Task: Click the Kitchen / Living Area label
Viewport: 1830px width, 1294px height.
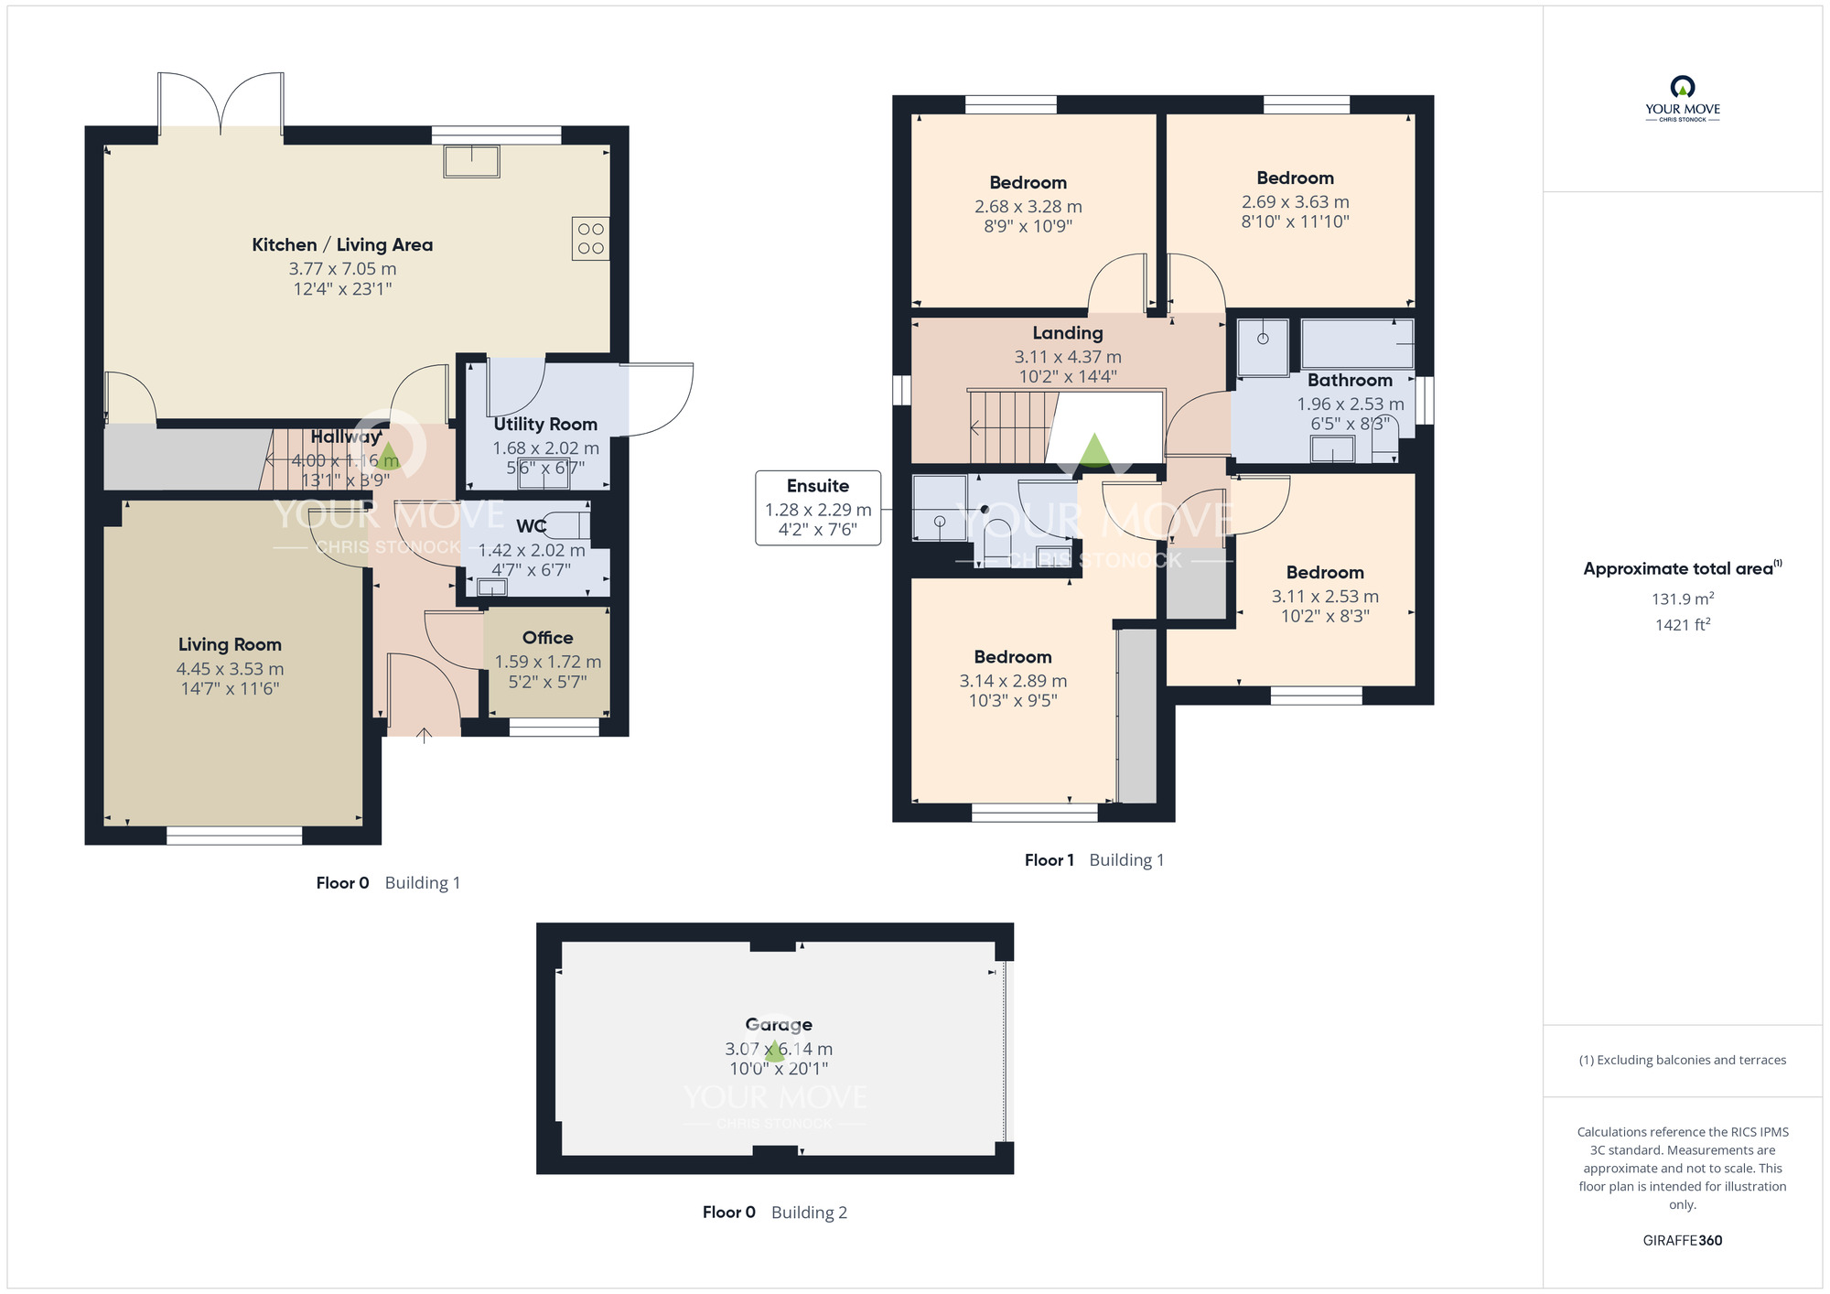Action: click(x=342, y=244)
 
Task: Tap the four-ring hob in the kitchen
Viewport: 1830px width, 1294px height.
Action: click(x=590, y=238)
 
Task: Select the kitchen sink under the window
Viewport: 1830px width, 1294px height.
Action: click(x=472, y=161)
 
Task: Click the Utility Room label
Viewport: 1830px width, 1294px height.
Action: click(x=545, y=425)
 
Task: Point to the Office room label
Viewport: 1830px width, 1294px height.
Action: click(x=547, y=638)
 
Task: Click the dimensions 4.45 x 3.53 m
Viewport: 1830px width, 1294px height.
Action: click(x=230, y=669)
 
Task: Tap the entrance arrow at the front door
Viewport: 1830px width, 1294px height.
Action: click(x=424, y=734)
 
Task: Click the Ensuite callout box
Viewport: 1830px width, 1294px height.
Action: click(x=818, y=508)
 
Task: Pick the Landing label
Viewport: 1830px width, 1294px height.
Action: click(x=1068, y=333)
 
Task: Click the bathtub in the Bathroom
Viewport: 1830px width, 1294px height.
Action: click(x=1357, y=343)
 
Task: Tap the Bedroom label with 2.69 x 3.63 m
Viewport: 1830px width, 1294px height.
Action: click(x=1295, y=178)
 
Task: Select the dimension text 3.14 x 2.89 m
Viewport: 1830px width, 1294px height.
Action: click(x=1013, y=681)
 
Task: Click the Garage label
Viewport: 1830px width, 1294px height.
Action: click(x=779, y=1025)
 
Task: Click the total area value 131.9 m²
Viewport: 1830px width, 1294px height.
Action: click(x=1682, y=599)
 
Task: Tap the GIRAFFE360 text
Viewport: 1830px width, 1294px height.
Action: click(x=1682, y=1241)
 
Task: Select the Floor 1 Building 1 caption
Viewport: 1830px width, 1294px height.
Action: click(x=1093, y=860)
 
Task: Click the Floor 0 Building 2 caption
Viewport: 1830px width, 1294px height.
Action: click(x=774, y=1213)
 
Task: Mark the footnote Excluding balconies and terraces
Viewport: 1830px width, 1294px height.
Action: click(x=1682, y=1061)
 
